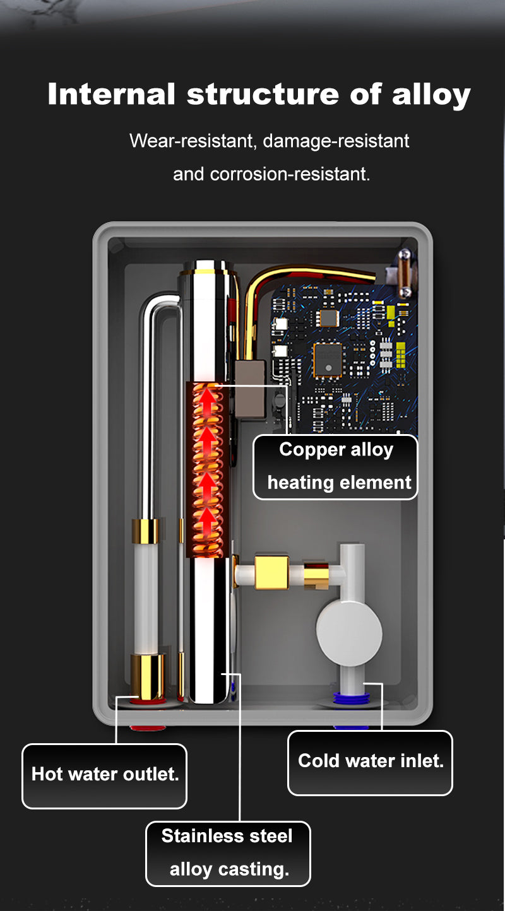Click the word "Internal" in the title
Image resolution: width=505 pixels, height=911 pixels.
[x=112, y=94]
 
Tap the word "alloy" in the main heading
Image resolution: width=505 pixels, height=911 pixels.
[x=431, y=95]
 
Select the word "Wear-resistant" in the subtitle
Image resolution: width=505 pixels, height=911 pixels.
[x=193, y=141]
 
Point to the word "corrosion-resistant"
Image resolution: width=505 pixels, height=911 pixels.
[x=290, y=174]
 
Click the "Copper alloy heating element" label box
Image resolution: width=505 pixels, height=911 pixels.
[x=335, y=467]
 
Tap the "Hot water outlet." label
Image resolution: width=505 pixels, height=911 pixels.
[x=105, y=776]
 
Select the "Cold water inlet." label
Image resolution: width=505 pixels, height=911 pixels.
[x=371, y=763]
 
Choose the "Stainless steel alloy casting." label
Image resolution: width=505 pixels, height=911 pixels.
[x=228, y=854]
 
